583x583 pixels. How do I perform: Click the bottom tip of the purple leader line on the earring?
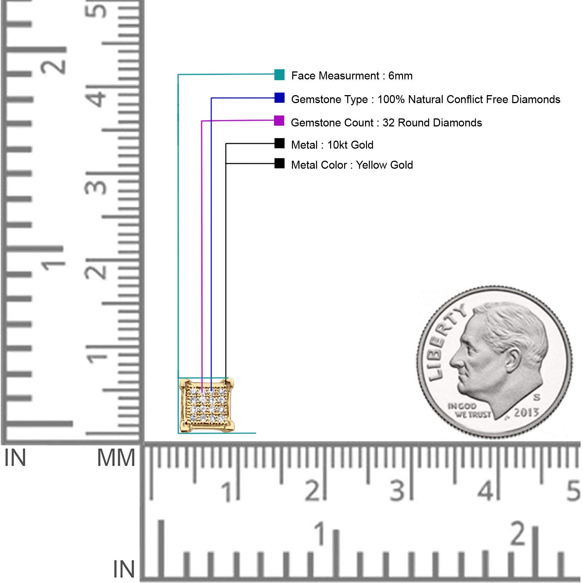202,392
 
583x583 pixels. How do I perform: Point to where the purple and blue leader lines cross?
211,121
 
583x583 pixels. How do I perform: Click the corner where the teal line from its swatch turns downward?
178,75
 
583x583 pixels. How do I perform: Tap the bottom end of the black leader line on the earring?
226,385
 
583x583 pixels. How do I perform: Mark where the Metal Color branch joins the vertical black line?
226,164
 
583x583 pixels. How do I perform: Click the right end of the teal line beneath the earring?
255,433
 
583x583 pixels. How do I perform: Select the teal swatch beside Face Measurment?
279,75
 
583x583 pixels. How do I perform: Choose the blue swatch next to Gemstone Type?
279,98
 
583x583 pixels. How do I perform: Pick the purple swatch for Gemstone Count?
279,121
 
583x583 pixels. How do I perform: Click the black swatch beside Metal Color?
279,163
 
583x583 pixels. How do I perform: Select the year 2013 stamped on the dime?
526,412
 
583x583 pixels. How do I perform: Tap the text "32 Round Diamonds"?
432,123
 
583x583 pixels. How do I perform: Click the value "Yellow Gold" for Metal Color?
384,165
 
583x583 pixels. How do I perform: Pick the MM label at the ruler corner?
116,458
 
